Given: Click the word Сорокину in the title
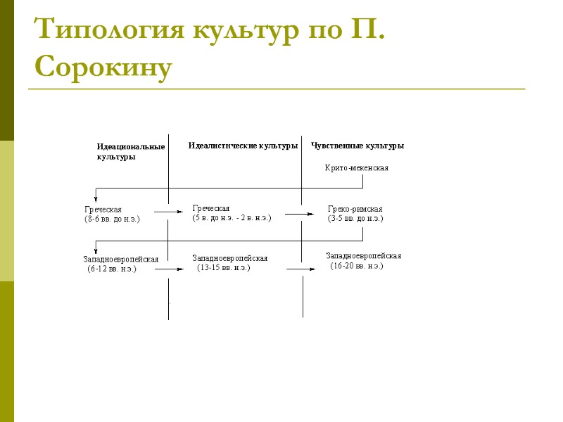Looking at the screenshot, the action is click(103, 68).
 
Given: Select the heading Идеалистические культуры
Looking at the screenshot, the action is click(243, 146).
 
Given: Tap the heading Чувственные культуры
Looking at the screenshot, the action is click(358, 146).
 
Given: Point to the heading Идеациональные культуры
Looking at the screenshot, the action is click(130, 152).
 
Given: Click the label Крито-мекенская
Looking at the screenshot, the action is click(357, 168).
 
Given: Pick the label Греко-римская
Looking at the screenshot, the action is click(355, 210).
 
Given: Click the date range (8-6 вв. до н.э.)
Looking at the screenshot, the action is click(112, 219).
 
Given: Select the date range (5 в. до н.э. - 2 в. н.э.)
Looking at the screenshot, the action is click(232, 218).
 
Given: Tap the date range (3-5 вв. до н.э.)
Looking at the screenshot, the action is click(355, 219).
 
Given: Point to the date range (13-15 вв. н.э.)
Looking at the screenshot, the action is click(223, 268).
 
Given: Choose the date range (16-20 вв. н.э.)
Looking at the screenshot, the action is click(357, 266).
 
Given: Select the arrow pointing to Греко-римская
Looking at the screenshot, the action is click(299, 214).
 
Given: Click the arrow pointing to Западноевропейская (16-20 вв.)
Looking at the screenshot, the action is click(301, 269).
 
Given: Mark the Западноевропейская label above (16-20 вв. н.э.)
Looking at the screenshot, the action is click(363, 256).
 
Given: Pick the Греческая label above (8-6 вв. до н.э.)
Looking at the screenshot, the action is click(103, 210).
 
